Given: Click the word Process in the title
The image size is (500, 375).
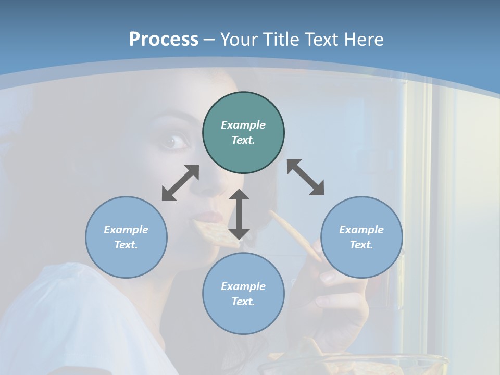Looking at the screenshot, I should click(x=164, y=40).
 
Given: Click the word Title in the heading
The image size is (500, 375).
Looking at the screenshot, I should click(x=279, y=40).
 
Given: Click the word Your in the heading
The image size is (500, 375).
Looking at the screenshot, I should click(x=240, y=40).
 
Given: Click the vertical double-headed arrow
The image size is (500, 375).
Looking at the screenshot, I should click(x=239, y=214).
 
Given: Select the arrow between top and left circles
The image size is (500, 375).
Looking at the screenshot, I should click(x=180, y=183).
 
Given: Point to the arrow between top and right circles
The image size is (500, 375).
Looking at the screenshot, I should click(x=305, y=177).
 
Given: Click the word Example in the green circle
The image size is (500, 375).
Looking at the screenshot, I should click(x=243, y=125).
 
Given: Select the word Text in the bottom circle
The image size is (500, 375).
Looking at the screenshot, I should click(x=243, y=302).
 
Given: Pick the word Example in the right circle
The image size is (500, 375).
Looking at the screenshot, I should click(x=361, y=230).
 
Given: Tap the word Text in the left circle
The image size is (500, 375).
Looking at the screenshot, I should click(x=126, y=245).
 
